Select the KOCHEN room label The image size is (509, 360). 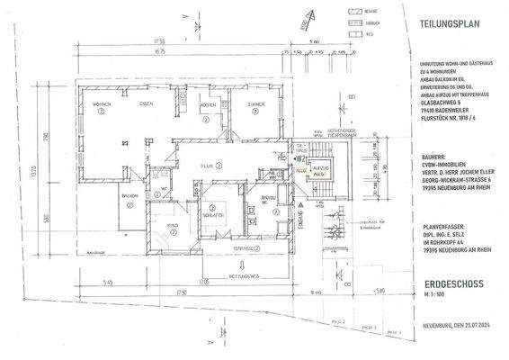207,105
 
